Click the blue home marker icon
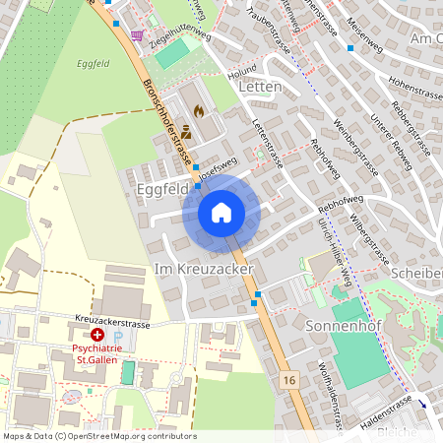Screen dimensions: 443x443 coord(221,213)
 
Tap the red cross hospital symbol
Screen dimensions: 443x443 coord(97,336)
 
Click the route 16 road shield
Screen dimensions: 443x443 coord(288,379)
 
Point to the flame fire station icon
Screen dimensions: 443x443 coord(201,111)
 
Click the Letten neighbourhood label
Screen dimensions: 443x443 coord(260,88)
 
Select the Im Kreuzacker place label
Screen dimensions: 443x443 coord(204,269)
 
